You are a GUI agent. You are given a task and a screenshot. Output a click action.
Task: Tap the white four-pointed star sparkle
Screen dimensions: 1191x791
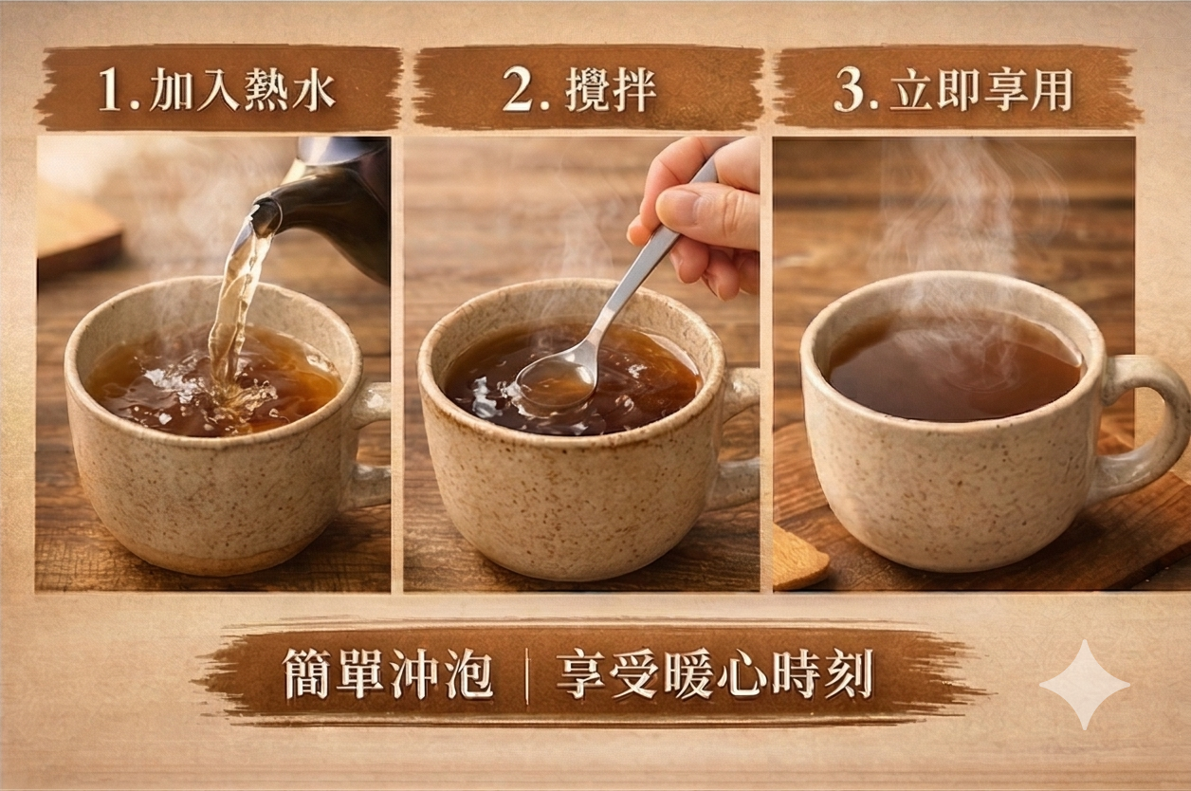1085,685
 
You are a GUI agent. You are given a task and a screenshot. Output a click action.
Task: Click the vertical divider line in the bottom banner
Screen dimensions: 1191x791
526,680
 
